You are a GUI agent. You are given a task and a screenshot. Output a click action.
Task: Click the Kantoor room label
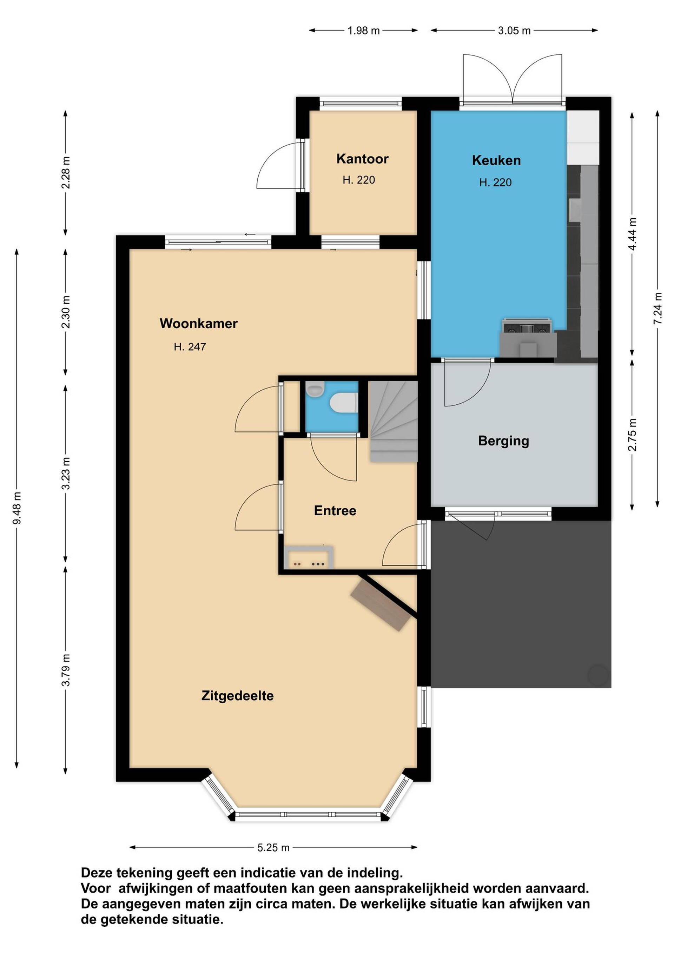pyautogui.click(x=362, y=159)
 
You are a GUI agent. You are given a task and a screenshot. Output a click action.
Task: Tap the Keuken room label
pyautogui.click(x=496, y=160)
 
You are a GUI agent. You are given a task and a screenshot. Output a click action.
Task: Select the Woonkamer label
pyautogui.click(x=198, y=323)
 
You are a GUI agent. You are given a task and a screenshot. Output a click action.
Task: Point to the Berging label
pyautogui.click(x=503, y=441)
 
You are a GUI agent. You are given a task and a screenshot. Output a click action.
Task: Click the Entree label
pyautogui.click(x=335, y=510)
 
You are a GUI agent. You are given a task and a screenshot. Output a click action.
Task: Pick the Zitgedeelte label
pyautogui.click(x=237, y=696)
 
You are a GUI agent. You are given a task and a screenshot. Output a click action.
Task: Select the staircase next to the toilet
pyautogui.click(x=394, y=421)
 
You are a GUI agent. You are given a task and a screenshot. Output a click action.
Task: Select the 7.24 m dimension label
pyautogui.click(x=658, y=309)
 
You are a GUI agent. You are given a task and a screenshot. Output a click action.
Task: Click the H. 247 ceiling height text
pyautogui.click(x=190, y=346)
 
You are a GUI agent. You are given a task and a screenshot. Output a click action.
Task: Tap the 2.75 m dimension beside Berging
pyautogui.click(x=632, y=435)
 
